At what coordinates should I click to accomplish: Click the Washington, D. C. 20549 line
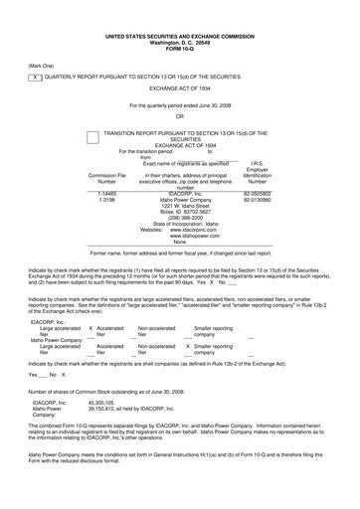[179, 15]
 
